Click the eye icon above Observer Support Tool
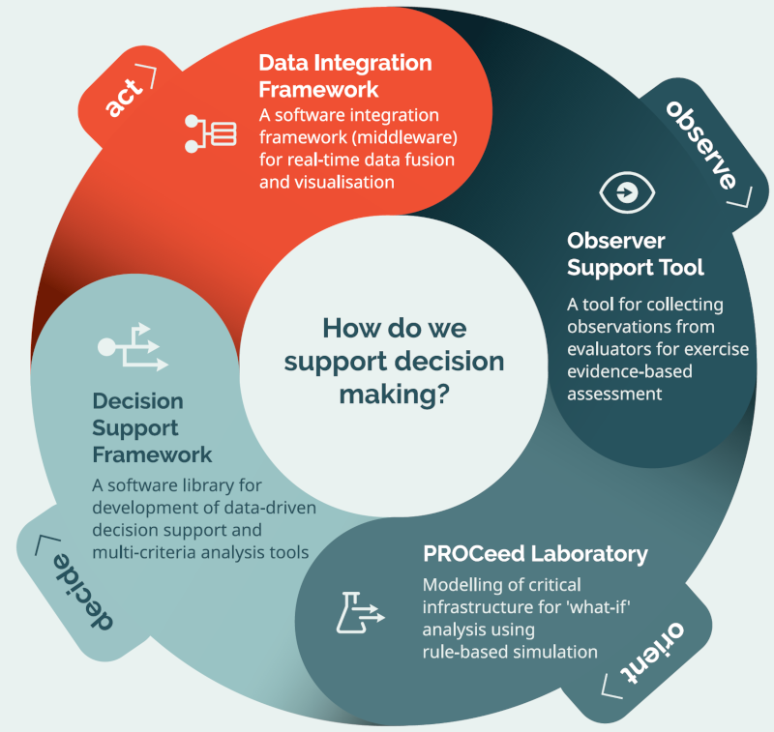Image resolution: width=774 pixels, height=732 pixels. click(x=626, y=192)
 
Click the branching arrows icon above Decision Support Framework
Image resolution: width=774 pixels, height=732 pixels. click(x=134, y=348)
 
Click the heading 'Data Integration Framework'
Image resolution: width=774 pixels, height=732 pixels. click(x=344, y=74)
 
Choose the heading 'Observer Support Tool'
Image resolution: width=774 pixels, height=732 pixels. click(x=635, y=253)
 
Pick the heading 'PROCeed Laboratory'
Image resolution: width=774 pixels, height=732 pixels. click(x=535, y=554)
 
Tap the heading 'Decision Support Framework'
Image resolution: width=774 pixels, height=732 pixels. click(x=152, y=426)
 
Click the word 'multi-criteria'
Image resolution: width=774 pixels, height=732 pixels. click(x=139, y=553)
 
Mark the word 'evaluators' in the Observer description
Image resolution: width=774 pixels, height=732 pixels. click(x=610, y=348)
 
